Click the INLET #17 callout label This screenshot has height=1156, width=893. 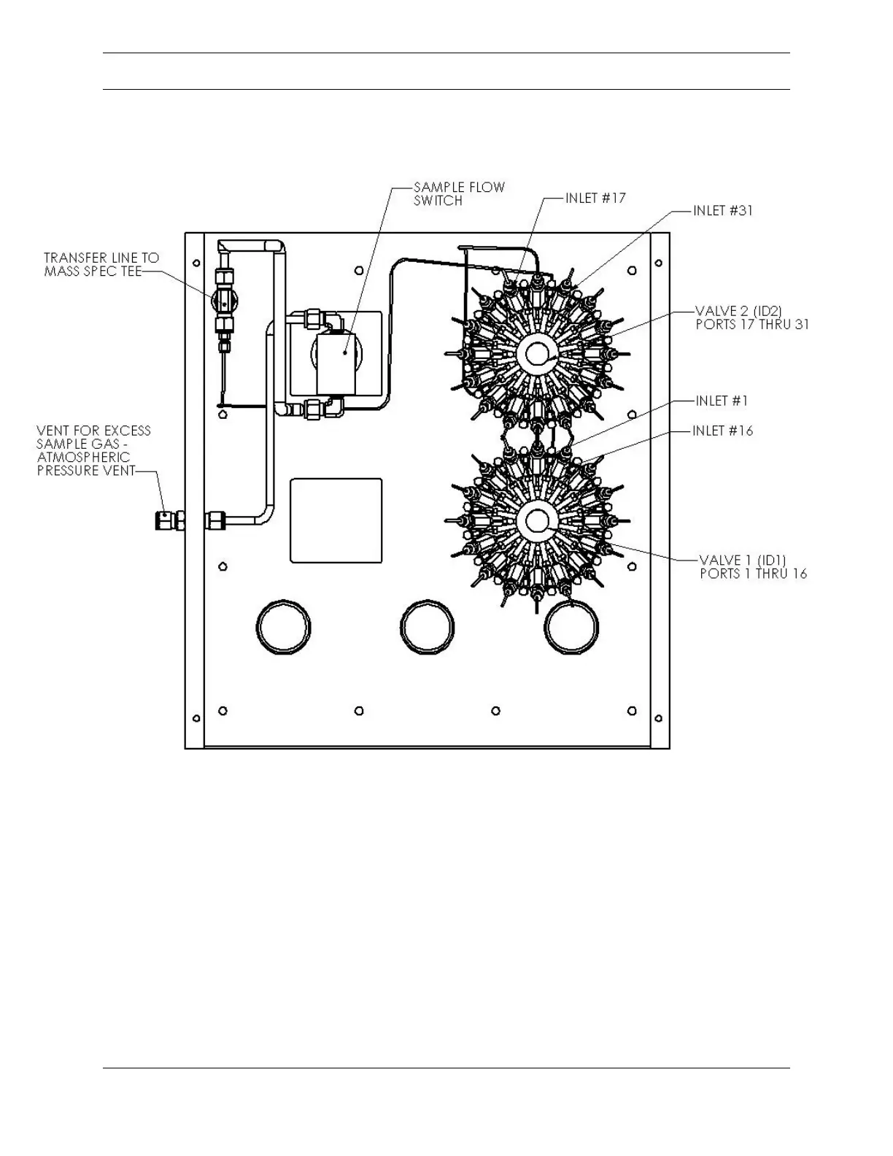point(595,198)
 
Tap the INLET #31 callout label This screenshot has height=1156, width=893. point(722,210)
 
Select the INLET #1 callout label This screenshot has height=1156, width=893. point(722,401)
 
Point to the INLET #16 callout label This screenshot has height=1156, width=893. point(722,431)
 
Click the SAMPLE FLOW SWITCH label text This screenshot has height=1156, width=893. point(459,193)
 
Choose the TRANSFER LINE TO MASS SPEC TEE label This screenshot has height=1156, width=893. point(101,264)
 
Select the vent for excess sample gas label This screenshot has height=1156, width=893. point(93,450)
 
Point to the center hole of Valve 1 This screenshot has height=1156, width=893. point(537,520)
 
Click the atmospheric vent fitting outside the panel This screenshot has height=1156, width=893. point(169,520)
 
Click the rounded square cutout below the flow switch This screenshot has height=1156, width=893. point(336,520)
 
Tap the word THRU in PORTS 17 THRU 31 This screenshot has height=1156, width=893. point(768,325)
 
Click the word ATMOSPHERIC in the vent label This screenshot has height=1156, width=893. point(83,457)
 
